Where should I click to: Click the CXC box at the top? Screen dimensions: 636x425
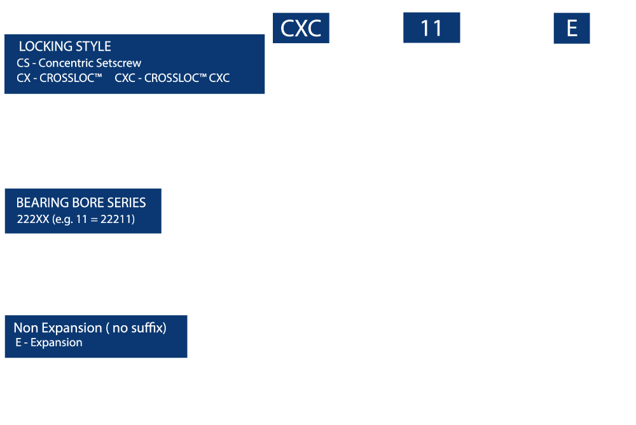click(301, 28)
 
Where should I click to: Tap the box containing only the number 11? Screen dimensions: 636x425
click(432, 27)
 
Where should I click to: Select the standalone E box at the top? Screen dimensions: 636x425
click(572, 28)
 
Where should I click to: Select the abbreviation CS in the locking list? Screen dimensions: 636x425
click(23, 63)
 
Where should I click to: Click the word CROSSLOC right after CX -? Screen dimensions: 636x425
click(68, 78)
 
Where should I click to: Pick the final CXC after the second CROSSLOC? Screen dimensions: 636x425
click(219, 78)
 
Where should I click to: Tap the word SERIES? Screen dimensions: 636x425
click(127, 203)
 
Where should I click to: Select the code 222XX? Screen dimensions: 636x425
click(33, 219)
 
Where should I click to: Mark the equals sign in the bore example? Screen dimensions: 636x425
click(94, 220)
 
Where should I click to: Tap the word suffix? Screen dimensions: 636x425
click(145, 328)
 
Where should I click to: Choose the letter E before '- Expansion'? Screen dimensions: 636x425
click(18, 343)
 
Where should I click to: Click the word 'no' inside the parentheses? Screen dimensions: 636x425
click(120, 328)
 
